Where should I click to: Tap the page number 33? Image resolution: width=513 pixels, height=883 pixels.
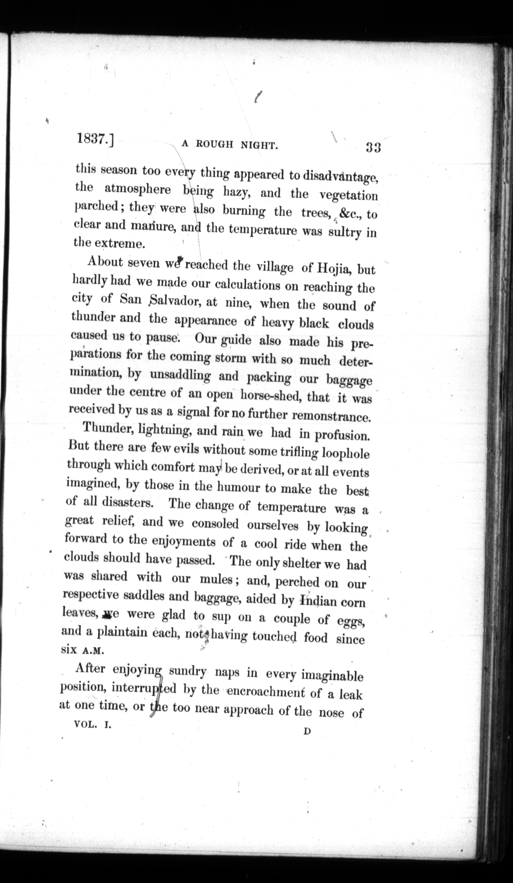click(373, 147)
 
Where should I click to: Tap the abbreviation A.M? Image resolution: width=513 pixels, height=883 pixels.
click(93, 651)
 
